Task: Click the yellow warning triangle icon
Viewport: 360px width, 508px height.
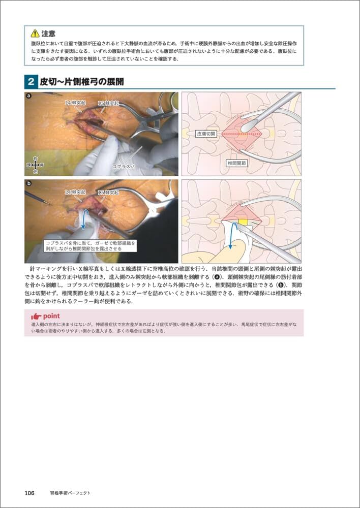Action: (35, 33)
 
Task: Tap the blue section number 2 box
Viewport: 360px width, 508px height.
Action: (31, 82)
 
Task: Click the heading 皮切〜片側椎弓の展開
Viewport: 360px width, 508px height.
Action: (81, 82)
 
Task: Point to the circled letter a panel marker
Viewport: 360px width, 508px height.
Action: (29, 96)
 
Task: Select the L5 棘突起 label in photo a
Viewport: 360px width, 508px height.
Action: (108, 103)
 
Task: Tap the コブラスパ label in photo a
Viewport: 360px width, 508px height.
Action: (124, 166)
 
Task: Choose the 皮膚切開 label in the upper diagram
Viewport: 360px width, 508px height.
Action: (206, 134)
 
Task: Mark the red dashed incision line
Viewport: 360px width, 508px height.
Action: (239, 134)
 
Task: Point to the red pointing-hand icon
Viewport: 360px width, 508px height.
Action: (36, 316)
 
